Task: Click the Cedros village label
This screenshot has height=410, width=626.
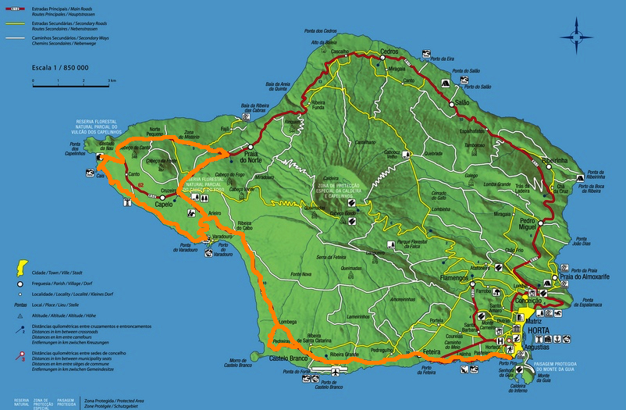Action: point(389,51)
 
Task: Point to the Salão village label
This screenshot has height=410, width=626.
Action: point(462,102)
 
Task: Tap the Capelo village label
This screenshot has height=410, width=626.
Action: point(164,205)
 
